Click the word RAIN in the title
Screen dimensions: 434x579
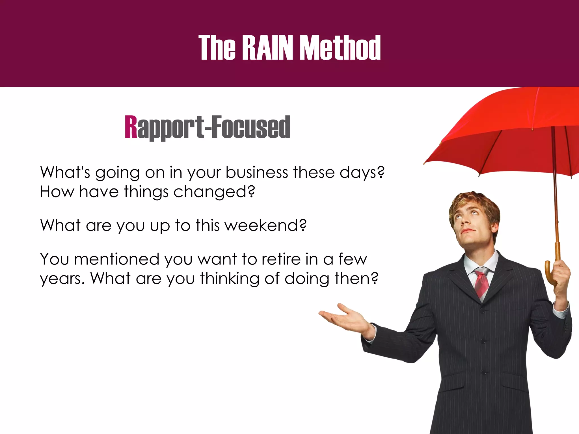pos(267,47)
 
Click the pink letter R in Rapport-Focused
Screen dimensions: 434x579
pos(131,127)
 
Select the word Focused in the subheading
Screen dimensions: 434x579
pos(251,127)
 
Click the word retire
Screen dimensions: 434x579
pos(281,259)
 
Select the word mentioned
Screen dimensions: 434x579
pos(116,259)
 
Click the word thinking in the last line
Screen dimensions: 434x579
pos(230,279)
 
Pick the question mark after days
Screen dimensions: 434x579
pos(381,172)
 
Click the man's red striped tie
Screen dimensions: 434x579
pos(481,283)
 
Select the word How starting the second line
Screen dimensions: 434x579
pos(57,192)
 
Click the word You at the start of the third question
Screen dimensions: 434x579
pos(54,259)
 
